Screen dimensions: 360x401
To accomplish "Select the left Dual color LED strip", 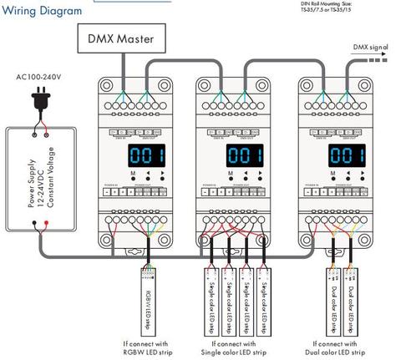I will (332, 299).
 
